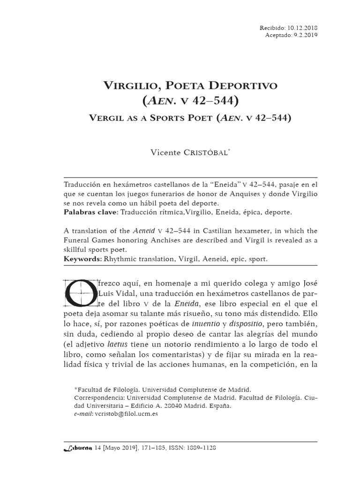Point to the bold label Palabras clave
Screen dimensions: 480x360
tap(90, 212)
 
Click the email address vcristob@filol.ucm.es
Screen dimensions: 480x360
tap(126, 414)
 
